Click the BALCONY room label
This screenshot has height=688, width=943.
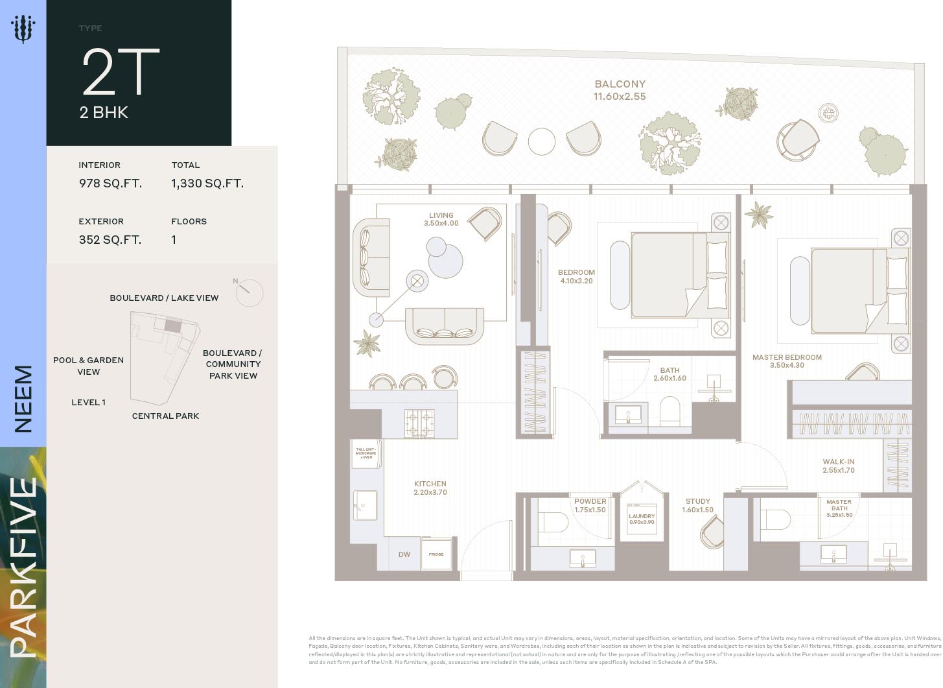point(620,84)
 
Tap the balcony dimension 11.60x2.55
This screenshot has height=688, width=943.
point(620,97)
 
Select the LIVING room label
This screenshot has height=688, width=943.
point(441,215)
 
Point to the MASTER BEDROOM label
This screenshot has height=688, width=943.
point(787,357)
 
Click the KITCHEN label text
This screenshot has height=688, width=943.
point(430,484)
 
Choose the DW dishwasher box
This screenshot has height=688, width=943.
point(404,554)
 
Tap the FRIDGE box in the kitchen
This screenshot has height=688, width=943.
point(436,554)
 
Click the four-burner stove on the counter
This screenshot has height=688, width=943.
point(419,423)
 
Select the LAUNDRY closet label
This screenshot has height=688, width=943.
point(642,517)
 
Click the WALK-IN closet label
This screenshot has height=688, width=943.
point(839,462)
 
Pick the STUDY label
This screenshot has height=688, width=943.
point(698,501)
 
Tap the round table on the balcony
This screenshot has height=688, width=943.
point(541,141)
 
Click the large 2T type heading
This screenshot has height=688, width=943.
point(120,73)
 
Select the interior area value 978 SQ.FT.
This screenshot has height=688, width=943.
point(110,184)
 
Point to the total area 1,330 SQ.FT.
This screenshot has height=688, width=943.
point(207,184)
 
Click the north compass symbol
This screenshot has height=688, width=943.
point(248,292)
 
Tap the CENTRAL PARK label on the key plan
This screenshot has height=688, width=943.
point(165,416)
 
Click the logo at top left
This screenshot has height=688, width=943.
point(23,29)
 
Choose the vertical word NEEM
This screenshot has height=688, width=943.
point(23,399)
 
